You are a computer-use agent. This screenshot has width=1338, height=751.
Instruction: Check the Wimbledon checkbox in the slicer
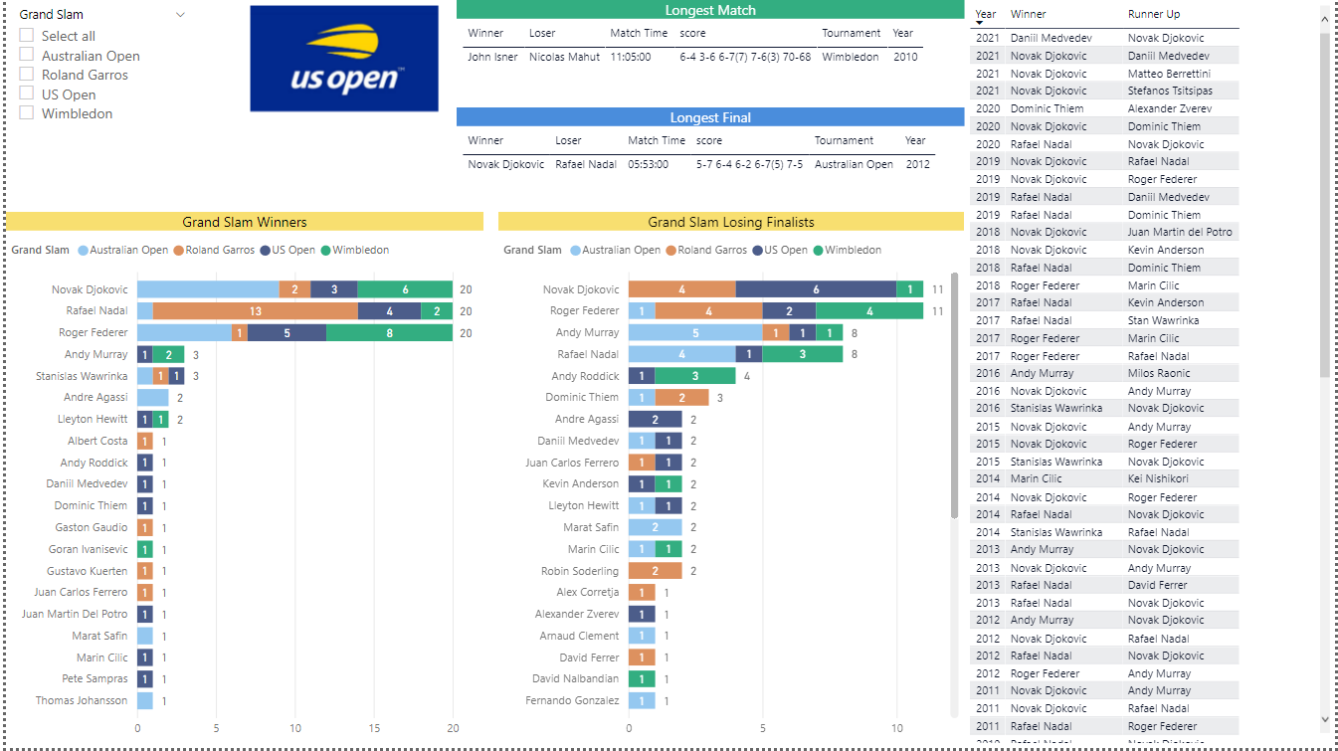[x=27, y=113]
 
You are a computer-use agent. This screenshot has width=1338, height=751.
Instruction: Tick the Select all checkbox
[x=27, y=36]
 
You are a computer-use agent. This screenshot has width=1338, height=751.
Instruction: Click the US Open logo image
[x=343, y=59]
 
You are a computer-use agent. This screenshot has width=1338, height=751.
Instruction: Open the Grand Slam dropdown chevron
[x=180, y=15]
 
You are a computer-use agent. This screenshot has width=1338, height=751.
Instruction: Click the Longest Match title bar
[x=709, y=10]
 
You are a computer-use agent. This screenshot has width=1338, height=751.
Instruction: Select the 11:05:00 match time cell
[x=631, y=57]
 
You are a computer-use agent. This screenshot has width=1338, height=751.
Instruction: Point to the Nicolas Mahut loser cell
[x=564, y=57]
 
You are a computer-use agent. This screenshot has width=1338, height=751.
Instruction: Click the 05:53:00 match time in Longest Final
[x=648, y=164]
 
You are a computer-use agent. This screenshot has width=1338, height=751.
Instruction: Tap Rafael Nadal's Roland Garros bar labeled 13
[x=256, y=311]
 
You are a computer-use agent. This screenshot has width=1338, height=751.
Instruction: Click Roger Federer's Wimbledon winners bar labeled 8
[x=390, y=333]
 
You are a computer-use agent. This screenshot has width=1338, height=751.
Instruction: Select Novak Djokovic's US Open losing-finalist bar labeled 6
[x=816, y=289]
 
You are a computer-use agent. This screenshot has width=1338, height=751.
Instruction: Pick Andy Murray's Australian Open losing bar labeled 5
[x=695, y=333]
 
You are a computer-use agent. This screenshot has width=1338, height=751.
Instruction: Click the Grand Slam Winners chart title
[x=245, y=222]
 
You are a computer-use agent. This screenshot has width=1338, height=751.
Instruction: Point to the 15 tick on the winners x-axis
[x=374, y=728]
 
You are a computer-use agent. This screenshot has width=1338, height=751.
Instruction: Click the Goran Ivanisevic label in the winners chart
[x=89, y=549]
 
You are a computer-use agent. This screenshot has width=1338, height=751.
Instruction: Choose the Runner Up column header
[x=1153, y=14]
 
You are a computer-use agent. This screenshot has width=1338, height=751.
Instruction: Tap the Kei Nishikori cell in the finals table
[x=1158, y=478]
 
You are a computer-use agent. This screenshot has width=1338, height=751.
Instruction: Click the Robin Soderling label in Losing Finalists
[x=580, y=571]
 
